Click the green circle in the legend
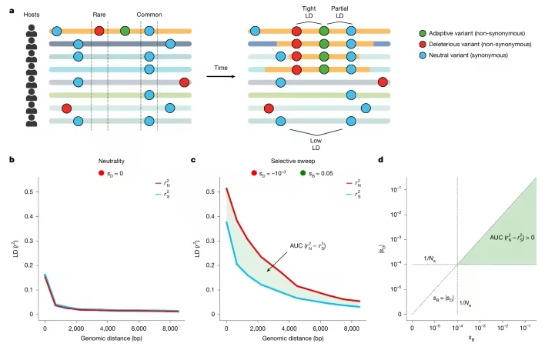tap(422, 31)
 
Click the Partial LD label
tap(338, 10)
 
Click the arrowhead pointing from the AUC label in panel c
tap(267, 271)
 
